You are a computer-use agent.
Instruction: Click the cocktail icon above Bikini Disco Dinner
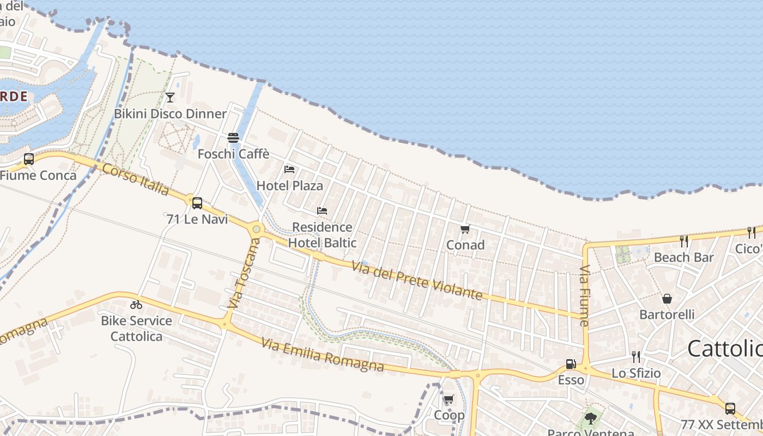coord(170,98)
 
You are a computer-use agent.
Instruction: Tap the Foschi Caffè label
coord(233,154)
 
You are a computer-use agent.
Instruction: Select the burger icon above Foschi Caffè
coord(233,138)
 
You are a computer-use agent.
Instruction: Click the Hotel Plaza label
coord(289,186)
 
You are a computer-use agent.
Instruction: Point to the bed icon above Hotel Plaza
coord(289,169)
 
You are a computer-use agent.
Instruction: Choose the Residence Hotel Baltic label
coord(322,235)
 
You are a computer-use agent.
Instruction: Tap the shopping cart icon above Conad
coord(465,229)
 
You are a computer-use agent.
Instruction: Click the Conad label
coord(465,245)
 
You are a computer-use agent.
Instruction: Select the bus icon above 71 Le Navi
coord(197,203)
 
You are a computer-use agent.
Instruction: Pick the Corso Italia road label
coord(136,178)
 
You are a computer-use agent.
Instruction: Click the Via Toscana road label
coord(243,276)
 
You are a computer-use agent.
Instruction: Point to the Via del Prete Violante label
coord(417,281)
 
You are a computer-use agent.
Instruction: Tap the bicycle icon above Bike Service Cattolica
coord(136,305)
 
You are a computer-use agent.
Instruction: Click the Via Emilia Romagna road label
coord(322,354)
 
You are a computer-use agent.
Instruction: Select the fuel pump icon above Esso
coord(571,364)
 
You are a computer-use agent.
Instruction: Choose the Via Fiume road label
coord(585,295)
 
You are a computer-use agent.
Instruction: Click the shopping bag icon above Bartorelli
coord(667,299)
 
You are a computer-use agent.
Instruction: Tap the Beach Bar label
coord(683,257)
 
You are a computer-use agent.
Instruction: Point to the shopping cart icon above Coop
coord(449,399)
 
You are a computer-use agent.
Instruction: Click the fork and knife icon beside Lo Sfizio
coord(635,357)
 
